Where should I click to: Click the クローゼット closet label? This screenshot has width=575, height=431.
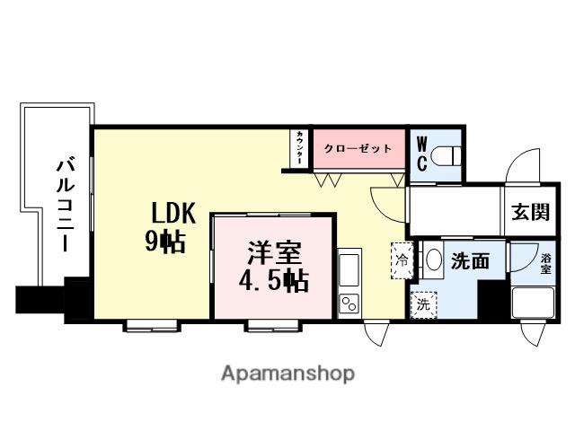coord(358,148)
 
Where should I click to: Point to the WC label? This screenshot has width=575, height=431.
coord(421,154)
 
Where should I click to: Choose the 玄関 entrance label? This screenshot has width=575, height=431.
coord(530,213)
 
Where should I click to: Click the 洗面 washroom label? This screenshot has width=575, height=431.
coord(469,262)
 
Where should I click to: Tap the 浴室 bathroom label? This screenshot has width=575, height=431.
coord(545,263)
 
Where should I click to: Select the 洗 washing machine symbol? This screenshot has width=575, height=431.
coord(421,304)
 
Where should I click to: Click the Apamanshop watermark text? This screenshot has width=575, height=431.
coord(287,372)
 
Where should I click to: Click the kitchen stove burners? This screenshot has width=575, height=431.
coord(349,304)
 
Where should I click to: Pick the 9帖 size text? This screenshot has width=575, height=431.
coord(165,241)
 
